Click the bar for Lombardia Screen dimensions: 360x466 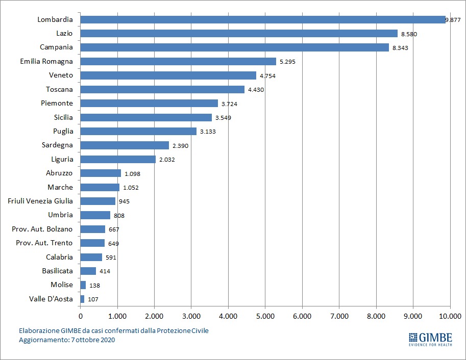tap(263, 19)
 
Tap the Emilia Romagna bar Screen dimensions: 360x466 tap(178, 61)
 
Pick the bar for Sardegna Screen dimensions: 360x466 tap(125, 145)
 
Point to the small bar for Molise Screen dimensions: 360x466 tap(83, 285)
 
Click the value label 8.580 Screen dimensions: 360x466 tap(410, 34)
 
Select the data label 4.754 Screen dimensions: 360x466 tap(268, 75)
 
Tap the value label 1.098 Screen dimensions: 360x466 tap(132, 173)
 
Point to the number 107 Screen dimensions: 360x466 tap(93, 299)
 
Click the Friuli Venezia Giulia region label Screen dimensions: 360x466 tap(40, 201)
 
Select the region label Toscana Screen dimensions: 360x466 tap(59, 89)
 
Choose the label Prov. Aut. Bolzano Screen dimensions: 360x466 tap(42, 229)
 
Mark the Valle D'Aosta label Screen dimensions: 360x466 tap(51, 299)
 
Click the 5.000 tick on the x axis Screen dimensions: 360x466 tap(265, 316)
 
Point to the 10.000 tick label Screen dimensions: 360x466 tap(450, 316)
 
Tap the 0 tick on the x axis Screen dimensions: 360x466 tap(81, 316)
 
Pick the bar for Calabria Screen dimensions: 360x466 tap(91, 257)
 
